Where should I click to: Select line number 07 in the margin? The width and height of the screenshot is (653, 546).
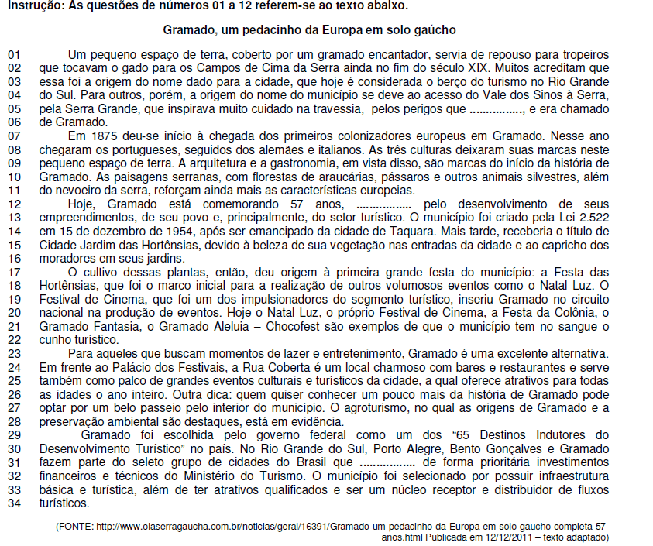pyautogui.click(x=14, y=136)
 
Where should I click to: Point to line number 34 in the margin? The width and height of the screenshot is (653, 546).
pyautogui.click(x=14, y=503)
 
